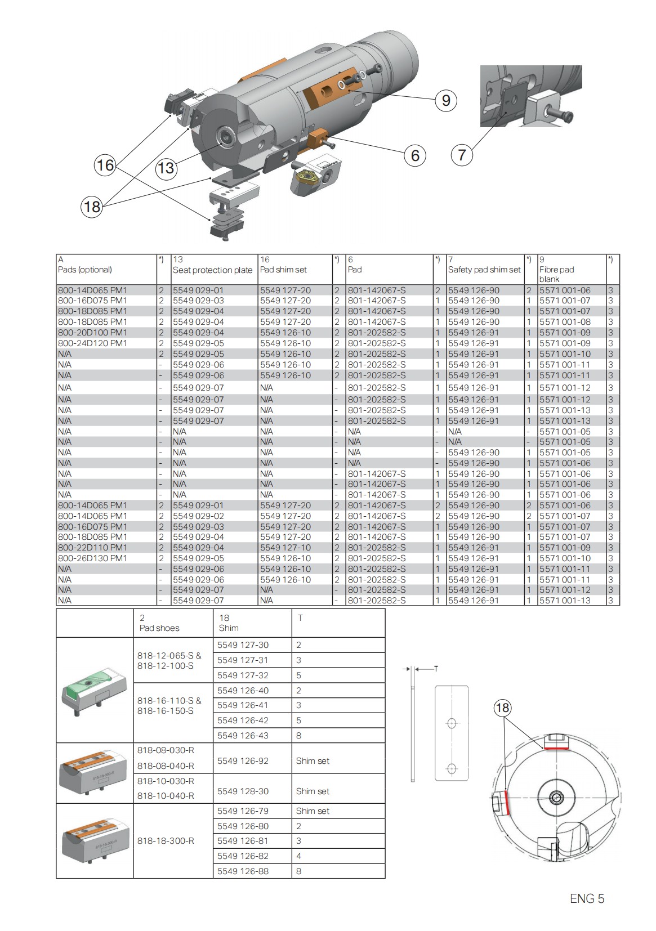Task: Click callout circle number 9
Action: coord(446,101)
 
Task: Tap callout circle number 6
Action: coord(415,155)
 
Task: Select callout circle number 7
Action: coord(462,154)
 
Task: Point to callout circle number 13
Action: coord(166,168)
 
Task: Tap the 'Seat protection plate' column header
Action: coord(212,270)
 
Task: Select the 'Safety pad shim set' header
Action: coord(484,270)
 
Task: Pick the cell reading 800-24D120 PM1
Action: coord(93,343)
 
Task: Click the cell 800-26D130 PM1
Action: coord(93,558)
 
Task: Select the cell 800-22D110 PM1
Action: coord(93,548)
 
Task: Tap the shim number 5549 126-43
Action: coord(243,736)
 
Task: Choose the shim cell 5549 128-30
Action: coord(243,791)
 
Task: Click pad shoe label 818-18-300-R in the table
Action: coord(166,841)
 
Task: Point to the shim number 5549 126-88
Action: coord(243,871)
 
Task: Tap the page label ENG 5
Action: coord(587,898)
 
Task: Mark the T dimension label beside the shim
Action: coord(436,669)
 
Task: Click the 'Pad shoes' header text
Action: coord(159,628)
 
